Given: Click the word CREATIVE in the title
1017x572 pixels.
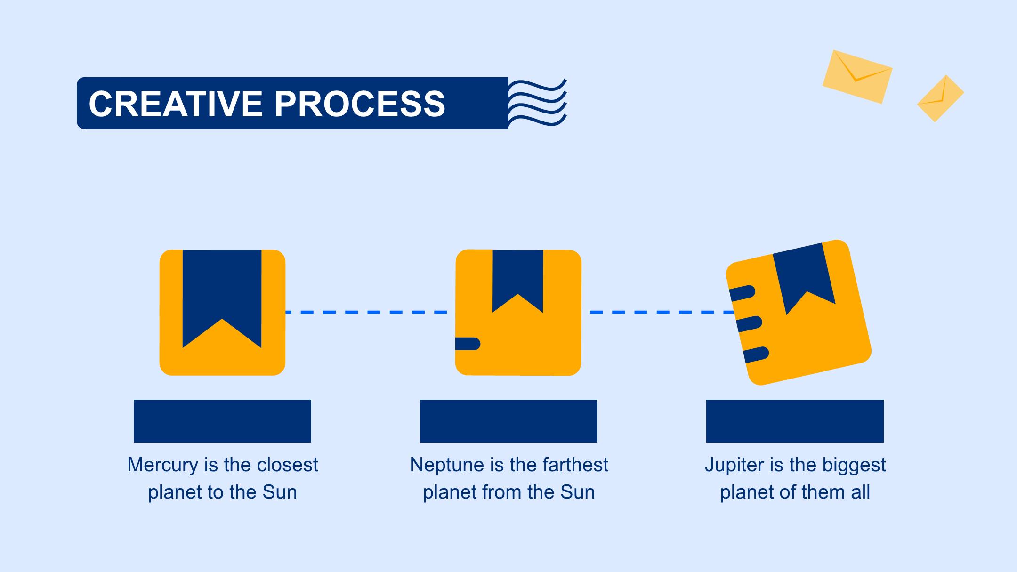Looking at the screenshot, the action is click(x=176, y=104).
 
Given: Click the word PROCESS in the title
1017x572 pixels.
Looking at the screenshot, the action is click(x=360, y=104).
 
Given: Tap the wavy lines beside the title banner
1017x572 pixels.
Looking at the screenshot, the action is click(x=538, y=103).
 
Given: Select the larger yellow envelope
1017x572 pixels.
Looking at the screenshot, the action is click(x=857, y=77).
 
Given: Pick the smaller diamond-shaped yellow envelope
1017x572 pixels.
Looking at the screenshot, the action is click(x=940, y=98).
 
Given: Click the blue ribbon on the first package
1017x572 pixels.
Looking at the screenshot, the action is click(x=222, y=292).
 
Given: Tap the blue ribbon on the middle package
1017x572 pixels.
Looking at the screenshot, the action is click(x=518, y=278).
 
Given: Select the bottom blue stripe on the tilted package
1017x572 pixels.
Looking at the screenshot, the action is click(x=756, y=354).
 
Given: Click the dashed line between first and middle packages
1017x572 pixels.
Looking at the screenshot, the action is click(x=367, y=312).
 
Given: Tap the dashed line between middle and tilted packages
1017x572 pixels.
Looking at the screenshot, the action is click(x=662, y=312).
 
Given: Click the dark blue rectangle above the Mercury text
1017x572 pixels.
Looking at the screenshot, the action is click(x=222, y=421).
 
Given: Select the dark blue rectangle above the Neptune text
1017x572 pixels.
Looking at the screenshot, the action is click(x=508, y=421).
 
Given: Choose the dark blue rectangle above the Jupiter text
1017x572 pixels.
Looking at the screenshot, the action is click(x=795, y=421).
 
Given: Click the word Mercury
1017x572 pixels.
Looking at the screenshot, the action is click(x=163, y=466).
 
